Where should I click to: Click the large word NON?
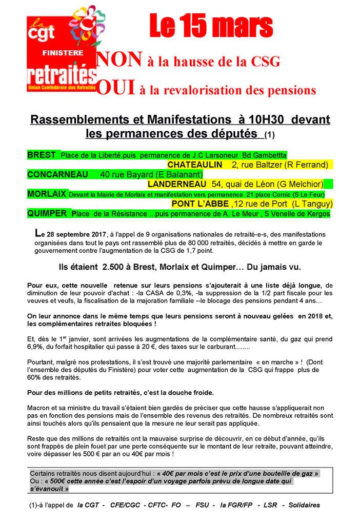(x=119, y=60)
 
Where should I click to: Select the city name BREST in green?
(x=42, y=154)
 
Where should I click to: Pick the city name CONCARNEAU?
(x=57, y=174)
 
